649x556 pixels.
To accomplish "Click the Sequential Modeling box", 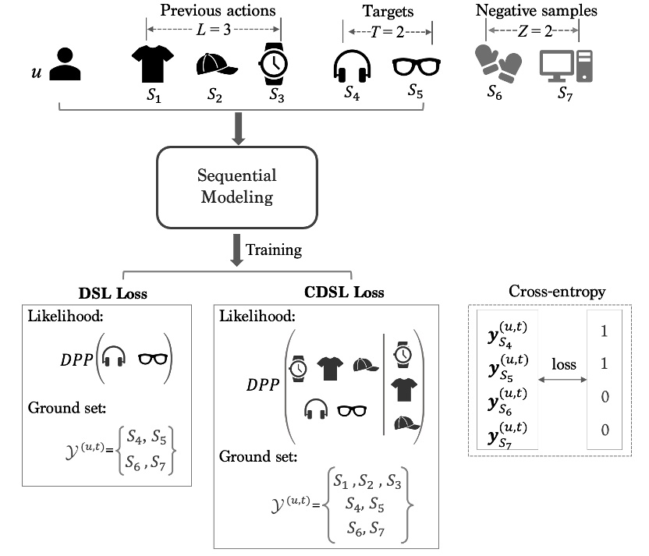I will point(238,186).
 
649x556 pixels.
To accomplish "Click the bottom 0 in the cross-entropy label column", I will point(604,430).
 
